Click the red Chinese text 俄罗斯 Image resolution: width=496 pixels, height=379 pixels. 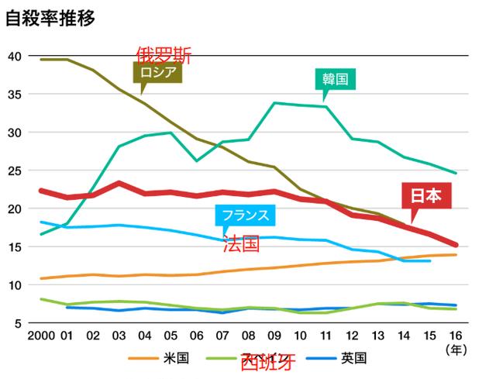(163, 54)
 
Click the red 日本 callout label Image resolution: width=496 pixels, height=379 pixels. (425, 196)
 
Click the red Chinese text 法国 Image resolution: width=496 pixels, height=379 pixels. (240, 244)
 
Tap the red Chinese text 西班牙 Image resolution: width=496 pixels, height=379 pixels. (267, 363)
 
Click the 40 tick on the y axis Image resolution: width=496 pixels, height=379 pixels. (14, 56)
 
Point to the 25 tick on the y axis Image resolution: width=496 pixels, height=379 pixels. (14, 171)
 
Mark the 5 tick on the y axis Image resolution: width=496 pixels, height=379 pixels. (17, 323)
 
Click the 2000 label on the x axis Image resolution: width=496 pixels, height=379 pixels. (41, 337)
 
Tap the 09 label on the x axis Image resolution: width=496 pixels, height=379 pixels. (274, 337)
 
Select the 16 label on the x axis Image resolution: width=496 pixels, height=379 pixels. (454, 337)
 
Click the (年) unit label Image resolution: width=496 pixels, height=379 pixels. (455, 350)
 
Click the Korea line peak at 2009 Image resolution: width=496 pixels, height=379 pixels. (274, 102)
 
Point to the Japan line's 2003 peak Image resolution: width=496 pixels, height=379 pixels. (118, 183)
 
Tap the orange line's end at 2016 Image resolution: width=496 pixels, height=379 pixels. (454, 254)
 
